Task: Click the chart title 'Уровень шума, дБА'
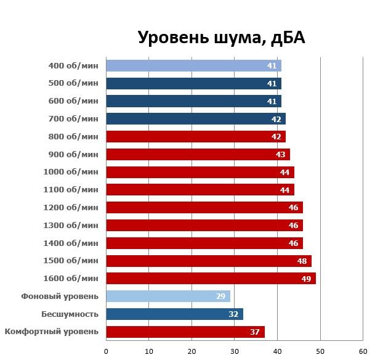click(x=221, y=38)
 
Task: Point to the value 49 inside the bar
click(x=306, y=279)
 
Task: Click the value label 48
click(x=302, y=261)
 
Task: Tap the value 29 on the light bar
click(x=220, y=297)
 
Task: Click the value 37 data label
click(x=255, y=332)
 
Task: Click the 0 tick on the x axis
click(x=107, y=351)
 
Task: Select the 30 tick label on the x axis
click(x=235, y=351)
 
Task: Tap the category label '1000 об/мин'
click(x=71, y=172)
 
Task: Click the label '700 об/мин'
click(x=73, y=119)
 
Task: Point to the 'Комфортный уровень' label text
click(x=52, y=332)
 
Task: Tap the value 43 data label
click(x=280, y=154)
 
